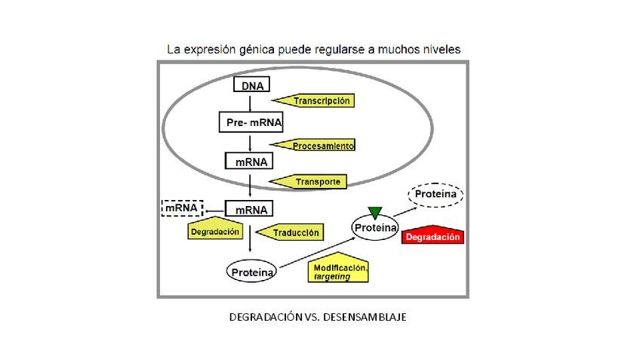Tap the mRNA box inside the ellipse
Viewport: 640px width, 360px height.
coord(248,161)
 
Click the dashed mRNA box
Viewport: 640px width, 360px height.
coord(182,207)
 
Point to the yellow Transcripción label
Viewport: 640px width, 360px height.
coord(312,100)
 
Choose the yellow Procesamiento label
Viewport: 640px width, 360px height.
coord(313,144)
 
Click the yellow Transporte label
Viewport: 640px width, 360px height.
coord(309,181)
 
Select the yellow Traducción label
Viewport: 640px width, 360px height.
coord(291,232)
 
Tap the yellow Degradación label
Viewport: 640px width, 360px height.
coord(214,229)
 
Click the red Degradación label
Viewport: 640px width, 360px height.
coord(432,235)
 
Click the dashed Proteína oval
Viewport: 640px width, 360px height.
coord(435,195)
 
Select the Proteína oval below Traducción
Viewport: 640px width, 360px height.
coord(251,271)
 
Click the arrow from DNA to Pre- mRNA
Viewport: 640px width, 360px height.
coord(248,104)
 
